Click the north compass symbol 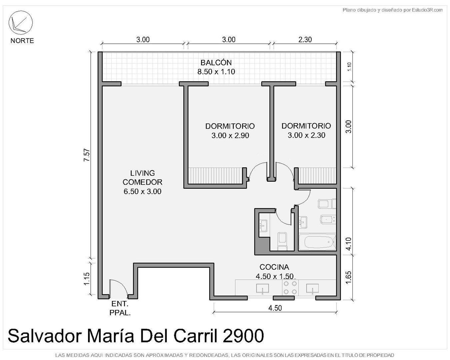pos(20,23)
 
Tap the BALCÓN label pos(216,63)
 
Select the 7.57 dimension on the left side pos(87,155)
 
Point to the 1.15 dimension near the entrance pos(87,278)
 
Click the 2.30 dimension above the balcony pos(305,40)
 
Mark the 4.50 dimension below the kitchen pos(275,308)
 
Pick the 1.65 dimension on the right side pos(349,278)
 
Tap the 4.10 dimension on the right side pos(349,244)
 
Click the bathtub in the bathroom pos(317,242)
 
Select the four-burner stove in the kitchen pos(290,287)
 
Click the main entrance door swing pos(118,287)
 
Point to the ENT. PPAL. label pos(120,308)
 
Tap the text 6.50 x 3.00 pos(142,191)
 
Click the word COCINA pos(274,267)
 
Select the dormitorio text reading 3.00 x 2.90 pos(230,136)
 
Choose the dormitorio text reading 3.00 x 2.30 pos(306,135)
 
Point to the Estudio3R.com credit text pos(427,10)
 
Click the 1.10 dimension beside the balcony pos(349,67)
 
